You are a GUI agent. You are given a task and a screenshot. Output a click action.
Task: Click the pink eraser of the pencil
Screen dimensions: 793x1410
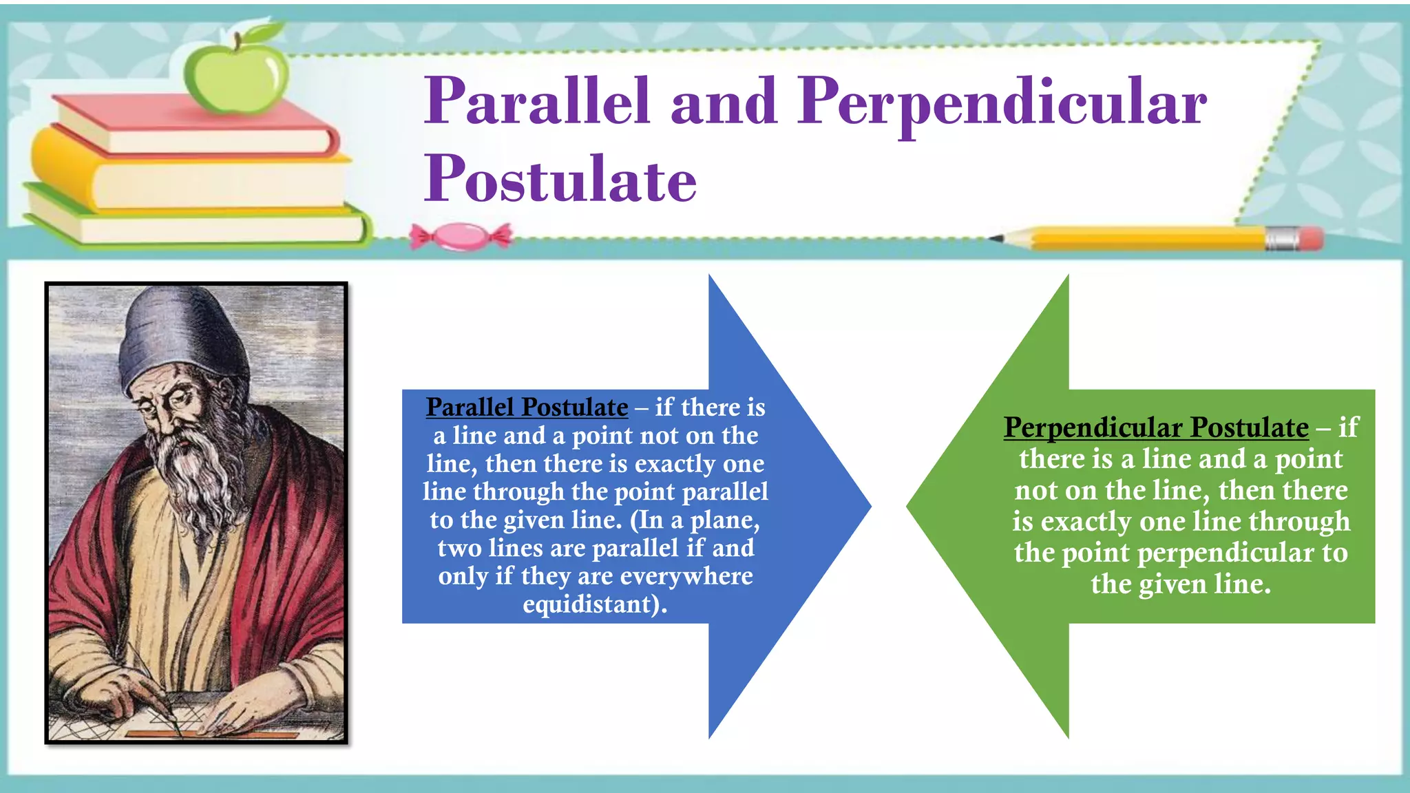(1312, 239)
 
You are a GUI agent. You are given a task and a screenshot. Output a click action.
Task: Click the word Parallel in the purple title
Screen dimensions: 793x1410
(537, 101)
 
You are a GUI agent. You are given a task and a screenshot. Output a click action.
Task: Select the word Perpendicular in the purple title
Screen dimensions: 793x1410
(1002, 103)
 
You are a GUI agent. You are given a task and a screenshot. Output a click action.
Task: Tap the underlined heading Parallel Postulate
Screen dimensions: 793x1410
(527, 407)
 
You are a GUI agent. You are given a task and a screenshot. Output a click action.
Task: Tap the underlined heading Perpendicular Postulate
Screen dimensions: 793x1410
(1156, 427)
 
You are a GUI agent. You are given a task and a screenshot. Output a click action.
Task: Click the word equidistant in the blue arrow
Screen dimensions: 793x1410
(591, 604)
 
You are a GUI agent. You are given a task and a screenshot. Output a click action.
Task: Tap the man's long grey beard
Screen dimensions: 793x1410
(196, 475)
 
